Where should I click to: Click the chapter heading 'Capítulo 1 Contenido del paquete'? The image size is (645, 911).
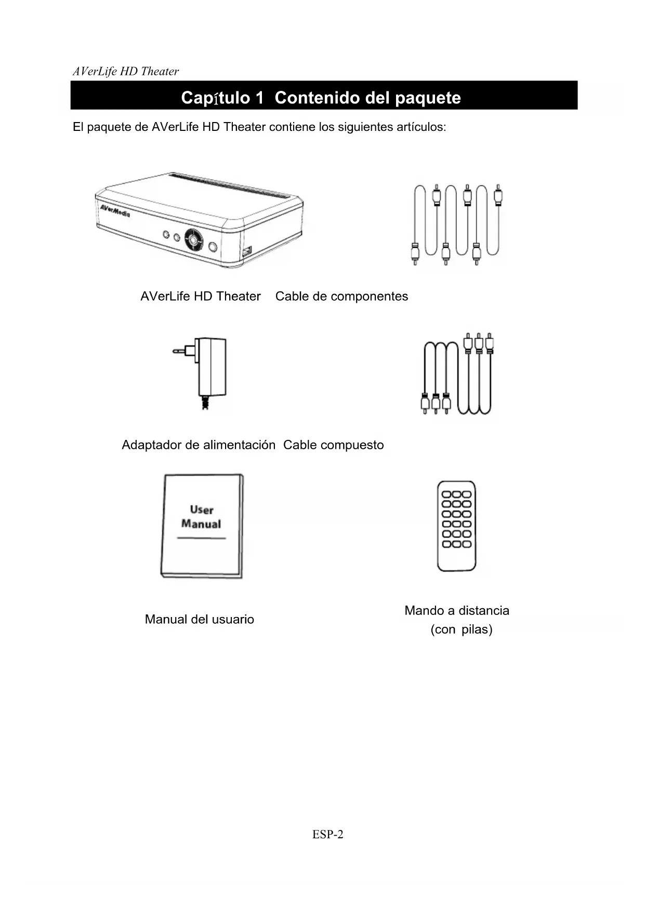point(321,98)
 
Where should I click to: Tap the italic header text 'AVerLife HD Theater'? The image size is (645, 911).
point(126,72)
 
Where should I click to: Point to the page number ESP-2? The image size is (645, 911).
point(327,834)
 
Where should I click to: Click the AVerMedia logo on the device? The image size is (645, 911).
point(115,210)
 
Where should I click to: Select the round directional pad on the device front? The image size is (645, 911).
point(193,240)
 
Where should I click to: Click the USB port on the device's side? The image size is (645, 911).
point(246,252)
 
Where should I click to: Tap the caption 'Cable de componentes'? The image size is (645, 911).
point(341,297)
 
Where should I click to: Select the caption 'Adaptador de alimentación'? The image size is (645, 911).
point(198,445)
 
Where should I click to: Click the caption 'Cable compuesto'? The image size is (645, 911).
point(333,445)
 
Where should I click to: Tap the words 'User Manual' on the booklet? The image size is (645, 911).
point(201,517)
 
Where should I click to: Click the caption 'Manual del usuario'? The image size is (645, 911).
point(199,619)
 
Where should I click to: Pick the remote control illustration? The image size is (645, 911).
point(456,526)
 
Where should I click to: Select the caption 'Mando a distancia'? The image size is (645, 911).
point(456,610)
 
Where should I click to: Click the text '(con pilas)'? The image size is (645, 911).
point(461,629)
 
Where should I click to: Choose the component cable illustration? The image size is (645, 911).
point(457,224)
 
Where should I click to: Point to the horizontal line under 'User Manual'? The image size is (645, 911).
point(201,538)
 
